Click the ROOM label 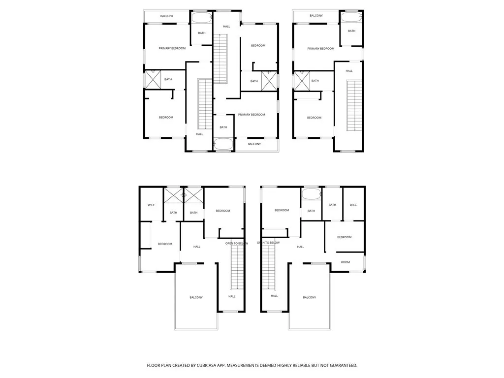click(x=346, y=262)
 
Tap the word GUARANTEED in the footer click(x=341, y=366)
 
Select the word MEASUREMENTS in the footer click(x=239, y=366)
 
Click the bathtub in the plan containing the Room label click(x=311, y=194)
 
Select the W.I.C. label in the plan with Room click(x=353, y=205)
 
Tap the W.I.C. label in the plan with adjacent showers click(x=152, y=205)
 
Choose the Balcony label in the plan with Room click(x=310, y=297)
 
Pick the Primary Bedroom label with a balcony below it click(x=252, y=115)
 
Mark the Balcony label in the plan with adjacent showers click(x=196, y=297)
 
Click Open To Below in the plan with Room click(x=268, y=243)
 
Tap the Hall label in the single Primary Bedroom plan click(x=349, y=71)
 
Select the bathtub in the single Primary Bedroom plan click(x=351, y=17)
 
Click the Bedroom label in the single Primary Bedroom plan click(x=314, y=117)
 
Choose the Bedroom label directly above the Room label click(x=344, y=237)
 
